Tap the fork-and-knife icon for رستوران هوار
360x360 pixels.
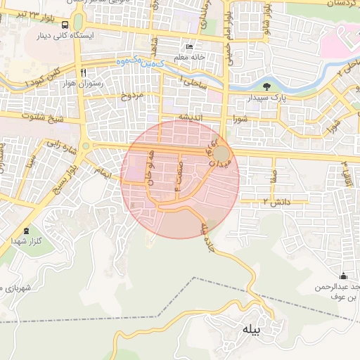(84, 72)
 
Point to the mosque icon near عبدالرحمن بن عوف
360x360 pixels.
(343, 276)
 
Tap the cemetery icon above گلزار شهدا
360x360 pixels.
(27, 231)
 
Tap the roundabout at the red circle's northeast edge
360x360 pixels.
(221, 153)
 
